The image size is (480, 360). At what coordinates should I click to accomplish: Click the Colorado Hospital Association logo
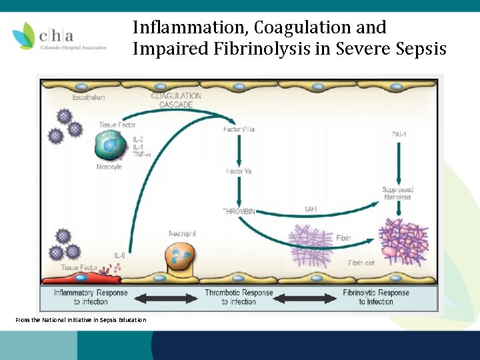click(59, 37)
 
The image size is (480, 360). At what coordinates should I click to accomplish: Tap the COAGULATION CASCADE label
click(176, 100)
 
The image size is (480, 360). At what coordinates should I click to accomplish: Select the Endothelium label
click(89, 97)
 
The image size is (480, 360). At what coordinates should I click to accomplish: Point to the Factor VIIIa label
click(239, 129)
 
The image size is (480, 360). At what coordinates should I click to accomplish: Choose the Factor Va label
click(239, 171)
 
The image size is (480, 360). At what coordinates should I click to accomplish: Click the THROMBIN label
click(239, 211)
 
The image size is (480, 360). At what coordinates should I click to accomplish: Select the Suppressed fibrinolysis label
click(398, 193)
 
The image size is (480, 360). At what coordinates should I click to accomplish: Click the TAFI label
click(311, 209)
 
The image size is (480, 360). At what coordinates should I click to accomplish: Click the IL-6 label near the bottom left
click(120, 255)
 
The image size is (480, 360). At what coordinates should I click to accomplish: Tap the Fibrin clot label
click(361, 263)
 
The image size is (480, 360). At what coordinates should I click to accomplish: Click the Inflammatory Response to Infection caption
click(91, 297)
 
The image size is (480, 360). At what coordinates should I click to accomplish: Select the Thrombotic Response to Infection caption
click(239, 297)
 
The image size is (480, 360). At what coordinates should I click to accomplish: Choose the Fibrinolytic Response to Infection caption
click(376, 297)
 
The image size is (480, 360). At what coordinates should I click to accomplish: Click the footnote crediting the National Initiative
click(81, 320)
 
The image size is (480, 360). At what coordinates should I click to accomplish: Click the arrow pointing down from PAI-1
click(399, 163)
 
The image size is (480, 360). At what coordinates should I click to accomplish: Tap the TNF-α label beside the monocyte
click(142, 155)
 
